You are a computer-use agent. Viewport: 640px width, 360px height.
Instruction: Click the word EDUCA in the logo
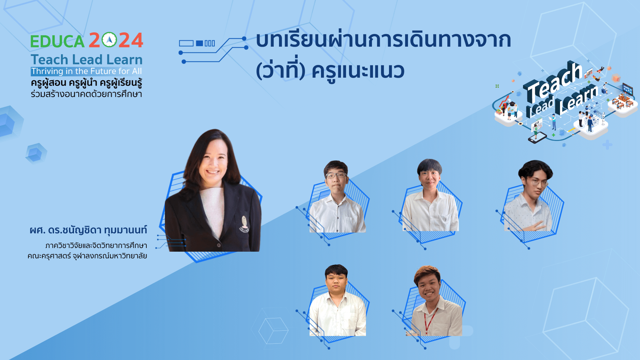pos(57,41)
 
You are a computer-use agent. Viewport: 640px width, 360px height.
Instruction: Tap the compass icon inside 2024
pos(109,40)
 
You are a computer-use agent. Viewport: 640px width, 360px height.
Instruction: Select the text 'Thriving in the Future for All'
pos(86,71)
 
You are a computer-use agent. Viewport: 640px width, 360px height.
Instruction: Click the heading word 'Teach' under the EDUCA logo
pos(49,60)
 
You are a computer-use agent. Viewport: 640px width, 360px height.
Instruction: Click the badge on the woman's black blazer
pos(244,224)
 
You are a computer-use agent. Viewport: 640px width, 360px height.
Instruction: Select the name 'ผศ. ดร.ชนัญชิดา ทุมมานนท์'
pos(88,230)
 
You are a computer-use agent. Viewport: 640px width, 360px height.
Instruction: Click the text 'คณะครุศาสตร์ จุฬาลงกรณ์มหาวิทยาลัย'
pos(87,256)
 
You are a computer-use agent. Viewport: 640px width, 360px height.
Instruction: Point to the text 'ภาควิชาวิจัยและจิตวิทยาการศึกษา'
pos(96,246)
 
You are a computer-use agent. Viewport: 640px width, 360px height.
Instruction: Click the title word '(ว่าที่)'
pos(280,71)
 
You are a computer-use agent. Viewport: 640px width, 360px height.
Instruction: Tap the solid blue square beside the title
pos(199,43)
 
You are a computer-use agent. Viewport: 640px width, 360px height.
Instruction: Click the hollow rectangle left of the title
pos(186,43)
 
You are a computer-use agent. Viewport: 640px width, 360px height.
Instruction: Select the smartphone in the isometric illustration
pos(537,137)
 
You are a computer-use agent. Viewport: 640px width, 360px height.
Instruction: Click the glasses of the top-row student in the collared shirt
pos(335,175)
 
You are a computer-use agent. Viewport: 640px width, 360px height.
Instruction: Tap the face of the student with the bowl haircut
pos(429,176)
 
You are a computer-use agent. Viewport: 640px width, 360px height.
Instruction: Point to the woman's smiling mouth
pos(212,172)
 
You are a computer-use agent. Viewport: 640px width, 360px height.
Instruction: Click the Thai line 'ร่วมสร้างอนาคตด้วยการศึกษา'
pos(86,94)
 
